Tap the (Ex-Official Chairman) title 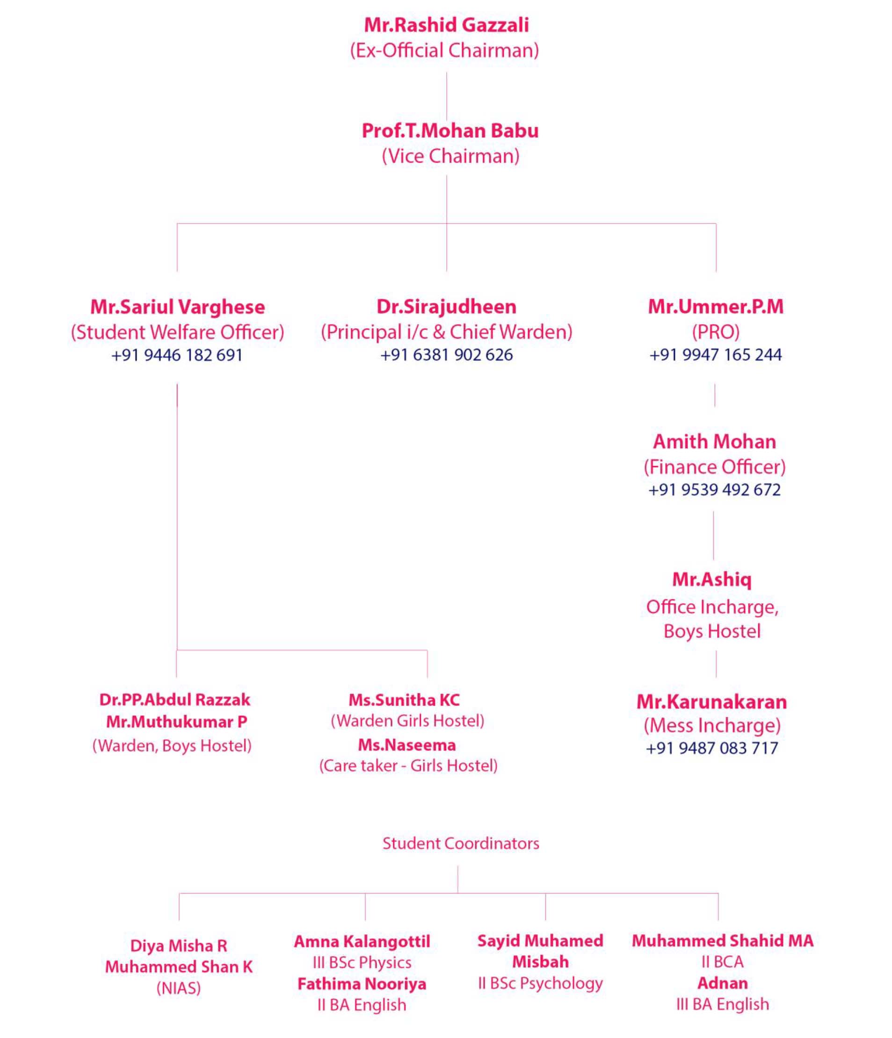pyautogui.click(x=444, y=50)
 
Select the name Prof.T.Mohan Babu pyautogui.click(x=450, y=131)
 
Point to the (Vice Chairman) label pyautogui.click(x=450, y=156)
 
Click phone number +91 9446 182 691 pyautogui.click(x=177, y=355)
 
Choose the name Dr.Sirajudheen pyautogui.click(x=447, y=307)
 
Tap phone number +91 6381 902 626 pyautogui.click(x=447, y=355)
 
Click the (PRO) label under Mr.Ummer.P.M pyautogui.click(x=716, y=332)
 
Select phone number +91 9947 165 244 pyautogui.click(x=716, y=355)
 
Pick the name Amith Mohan pyautogui.click(x=714, y=441)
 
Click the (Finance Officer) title pyautogui.click(x=715, y=467)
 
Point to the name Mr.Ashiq pyautogui.click(x=711, y=580)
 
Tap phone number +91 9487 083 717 pyautogui.click(x=712, y=748)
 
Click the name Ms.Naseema pyautogui.click(x=407, y=745)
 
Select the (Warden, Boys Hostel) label pyautogui.click(x=172, y=746)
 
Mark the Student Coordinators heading pyautogui.click(x=461, y=843)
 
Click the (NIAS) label pyautogui.click(x=178, y=988)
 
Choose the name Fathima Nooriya pyautogui.click(x=362, y=984)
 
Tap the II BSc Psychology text pyautogui.click(x=540, y=983)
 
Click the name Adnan pyautogui.click(x=723, y=983)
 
